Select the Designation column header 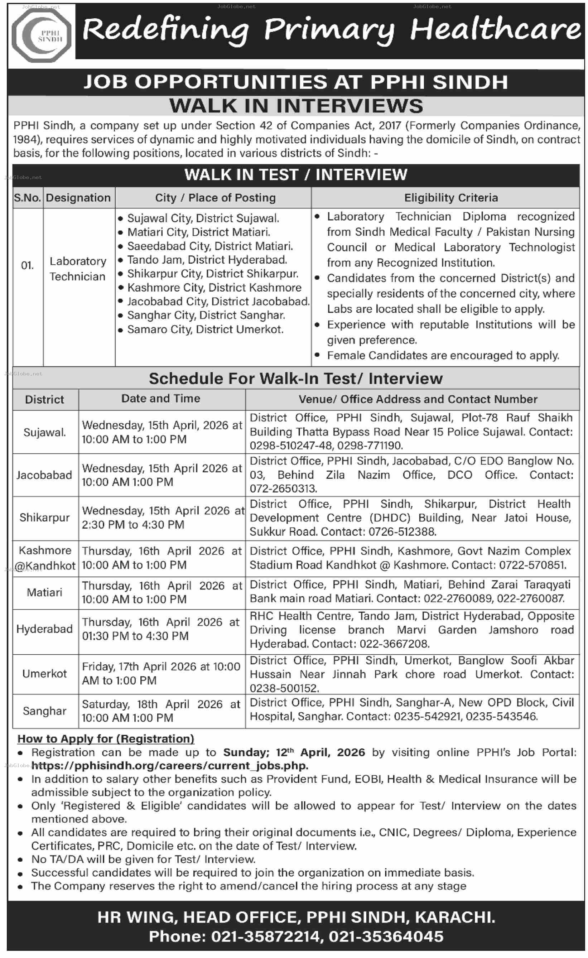(x=78, y=198)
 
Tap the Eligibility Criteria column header (x=451, y=198)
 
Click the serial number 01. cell (x=27, y=265)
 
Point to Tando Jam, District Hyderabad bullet (x=207, y=260)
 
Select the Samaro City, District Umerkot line (x=205, y=329)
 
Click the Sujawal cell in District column (x=45, y=432)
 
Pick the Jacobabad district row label (x=44, y=475)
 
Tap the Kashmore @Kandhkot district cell (x=45, y=558)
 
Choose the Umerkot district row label (x=45, y=673)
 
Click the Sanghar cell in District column (x=45, y=711)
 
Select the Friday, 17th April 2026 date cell (x=161, y=673)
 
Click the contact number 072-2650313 (x=283, y=489)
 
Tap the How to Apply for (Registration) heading (x=106, y=739)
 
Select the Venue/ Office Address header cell (x=418, y=399)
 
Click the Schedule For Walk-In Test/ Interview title (x=296, y=378)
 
